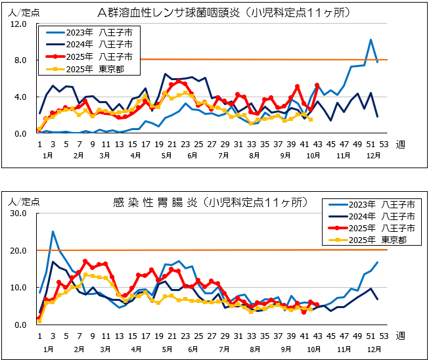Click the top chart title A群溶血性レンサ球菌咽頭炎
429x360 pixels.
pos(223,12)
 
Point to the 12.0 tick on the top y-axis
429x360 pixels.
pos(19,24)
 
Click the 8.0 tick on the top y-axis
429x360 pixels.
pos(19,60)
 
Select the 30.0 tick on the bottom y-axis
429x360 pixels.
pos(17,214)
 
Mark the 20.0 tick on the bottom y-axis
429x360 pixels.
pos(17,251)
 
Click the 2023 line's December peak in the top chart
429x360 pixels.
pos(371,40)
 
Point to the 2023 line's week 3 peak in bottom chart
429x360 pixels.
pos(53,232)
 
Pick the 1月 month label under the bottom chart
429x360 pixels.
pos(47,348)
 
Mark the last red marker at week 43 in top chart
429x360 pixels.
pos(317,85)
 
